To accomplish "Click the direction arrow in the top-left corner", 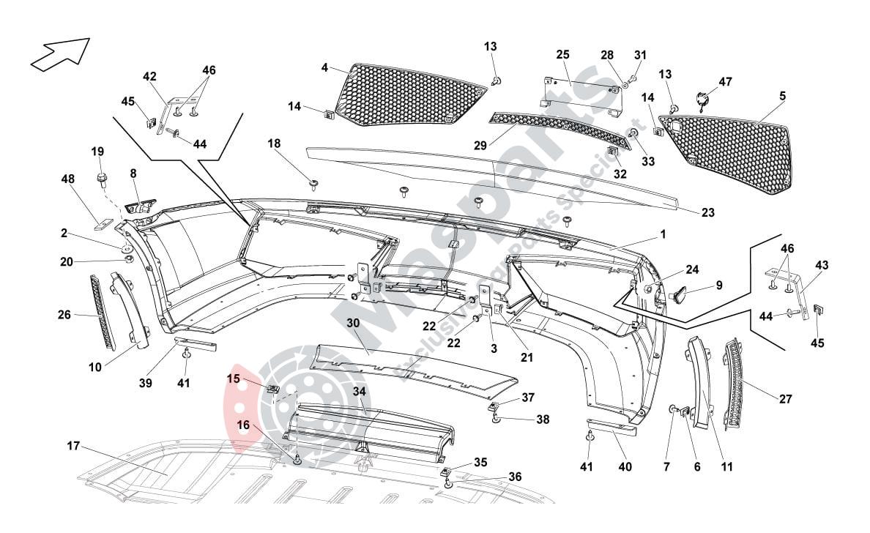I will click(59, 55).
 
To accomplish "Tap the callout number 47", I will click(725, 82).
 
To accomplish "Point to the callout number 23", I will click(707, 213).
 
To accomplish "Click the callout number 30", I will click(353, 323).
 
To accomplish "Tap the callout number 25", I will click(562, 55).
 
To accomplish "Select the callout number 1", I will click(662, 234).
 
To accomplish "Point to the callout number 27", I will click(785, 399).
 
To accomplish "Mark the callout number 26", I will click(64, 316).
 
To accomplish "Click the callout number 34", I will click(359, 392).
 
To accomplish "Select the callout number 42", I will click(149, 76).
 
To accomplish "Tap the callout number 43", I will click(822, 264).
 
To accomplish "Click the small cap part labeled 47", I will click(702, 100).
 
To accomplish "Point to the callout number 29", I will click(480, 146).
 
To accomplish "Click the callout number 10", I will click(95, 368).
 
